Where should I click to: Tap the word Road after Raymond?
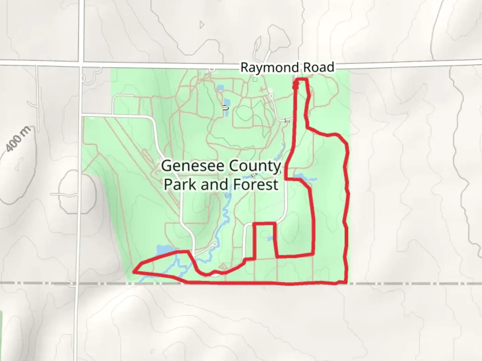(319, 68)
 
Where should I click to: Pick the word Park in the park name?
(180, 185)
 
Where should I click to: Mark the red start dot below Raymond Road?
(295, 87)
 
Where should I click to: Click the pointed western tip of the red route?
(134, 272)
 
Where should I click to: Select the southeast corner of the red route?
(346, 283)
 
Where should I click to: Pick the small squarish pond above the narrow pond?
(220, 88)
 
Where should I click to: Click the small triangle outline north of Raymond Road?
(202, 25)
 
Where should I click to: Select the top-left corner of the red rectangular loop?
(254, 223)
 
